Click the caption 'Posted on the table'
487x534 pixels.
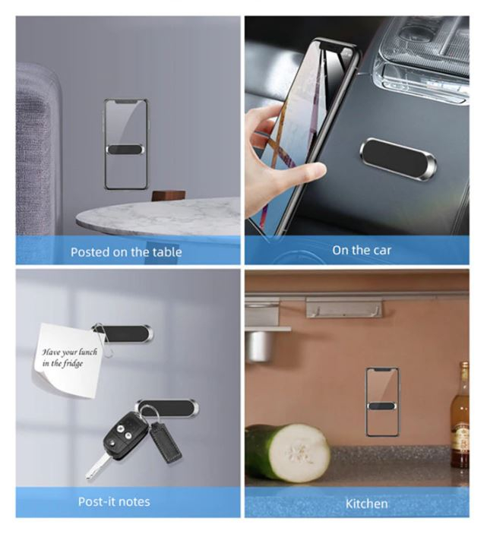click(126, 252)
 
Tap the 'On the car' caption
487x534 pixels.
click(362, 251)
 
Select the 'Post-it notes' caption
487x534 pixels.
click(114, 501)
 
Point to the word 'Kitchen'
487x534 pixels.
click(367, 504)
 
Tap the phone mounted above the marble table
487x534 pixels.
click(126, 144)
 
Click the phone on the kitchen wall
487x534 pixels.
click(382, 402)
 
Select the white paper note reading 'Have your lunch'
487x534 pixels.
click(68, 360)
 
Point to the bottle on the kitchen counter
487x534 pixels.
click(460, 415)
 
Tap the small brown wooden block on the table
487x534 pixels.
click(168, 195)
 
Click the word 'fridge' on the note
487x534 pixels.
click(72, 364)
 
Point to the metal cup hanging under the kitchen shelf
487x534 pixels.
click(260, 346)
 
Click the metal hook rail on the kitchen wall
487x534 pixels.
click(343, 307)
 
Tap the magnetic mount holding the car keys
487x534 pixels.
click(167, 408)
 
